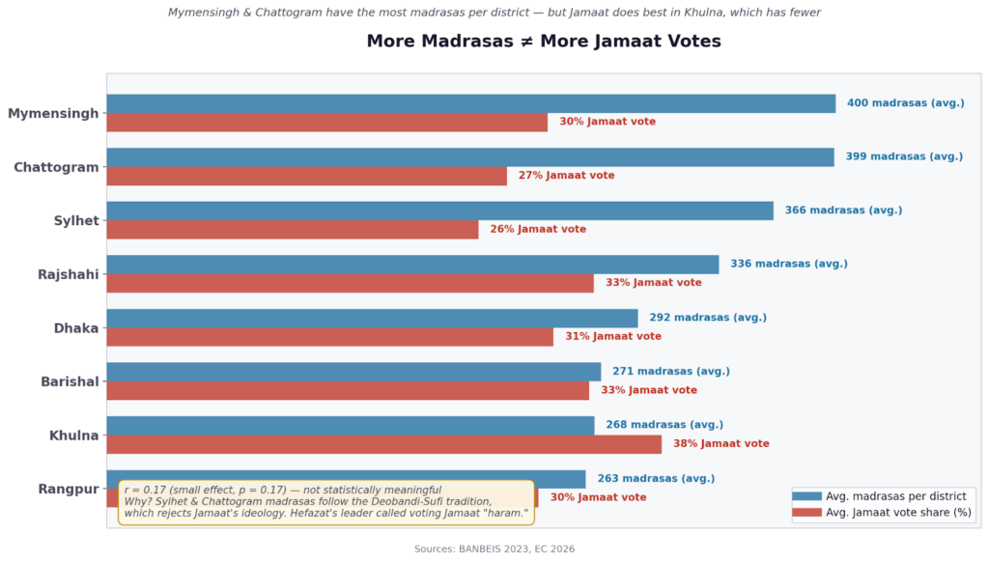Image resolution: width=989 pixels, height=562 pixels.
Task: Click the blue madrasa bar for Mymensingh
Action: pos(470,103)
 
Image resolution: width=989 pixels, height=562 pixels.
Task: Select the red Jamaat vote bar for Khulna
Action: pos(383,444)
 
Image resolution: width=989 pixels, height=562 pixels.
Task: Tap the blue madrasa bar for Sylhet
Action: pos(439,211)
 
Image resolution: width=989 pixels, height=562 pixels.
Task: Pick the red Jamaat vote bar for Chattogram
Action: pos(306,176)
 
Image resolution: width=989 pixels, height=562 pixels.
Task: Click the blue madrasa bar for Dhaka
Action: pos(372,318)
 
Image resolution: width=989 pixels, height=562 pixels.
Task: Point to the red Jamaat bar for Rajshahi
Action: pos(350,283)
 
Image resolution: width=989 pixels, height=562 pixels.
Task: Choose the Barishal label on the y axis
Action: pos(70,381)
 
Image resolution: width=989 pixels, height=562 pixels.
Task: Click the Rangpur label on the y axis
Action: pos(69,489)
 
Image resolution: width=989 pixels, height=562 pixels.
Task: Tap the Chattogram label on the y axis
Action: pos(56,167)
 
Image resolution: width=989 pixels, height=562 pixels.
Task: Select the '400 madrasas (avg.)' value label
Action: pos(905,103)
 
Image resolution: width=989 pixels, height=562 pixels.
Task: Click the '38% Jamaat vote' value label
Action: pos(721,444)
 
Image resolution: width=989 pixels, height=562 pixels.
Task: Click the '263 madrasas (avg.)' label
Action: pos(656,478)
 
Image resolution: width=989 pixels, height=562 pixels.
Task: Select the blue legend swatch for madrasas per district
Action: pos(806,496)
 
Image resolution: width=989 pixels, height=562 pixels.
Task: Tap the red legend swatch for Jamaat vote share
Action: pos(806,513)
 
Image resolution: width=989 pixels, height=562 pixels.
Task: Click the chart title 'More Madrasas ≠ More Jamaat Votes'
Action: pos(544,42)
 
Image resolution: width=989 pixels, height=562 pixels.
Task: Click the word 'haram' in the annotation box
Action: pos(508,514)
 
